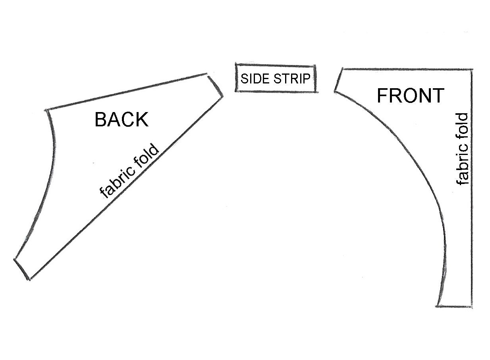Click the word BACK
pos(122,119)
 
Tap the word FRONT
pos(411,95)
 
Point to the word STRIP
pos(292,79)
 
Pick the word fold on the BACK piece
pos(147,155)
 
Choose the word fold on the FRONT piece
pos(462,128)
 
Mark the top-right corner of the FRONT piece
pos(472,70)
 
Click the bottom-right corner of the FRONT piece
pos(472,307)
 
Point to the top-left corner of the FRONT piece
pos(343,69)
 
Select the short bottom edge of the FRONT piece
pos(455,306)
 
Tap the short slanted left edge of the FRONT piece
pos(339,80)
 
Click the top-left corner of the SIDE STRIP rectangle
pos(236,64)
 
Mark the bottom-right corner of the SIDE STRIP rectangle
pos(315,92)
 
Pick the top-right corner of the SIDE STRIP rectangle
pos(315,66)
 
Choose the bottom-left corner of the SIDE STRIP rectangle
pos(236,91)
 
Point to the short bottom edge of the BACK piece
pos(22,269)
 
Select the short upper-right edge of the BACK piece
pos(216,86)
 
